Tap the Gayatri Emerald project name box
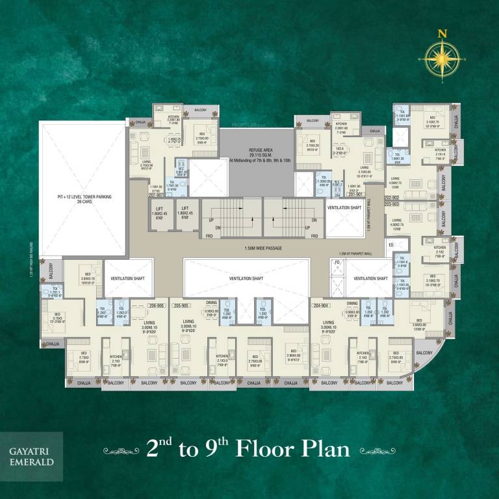click(x=31, y=455)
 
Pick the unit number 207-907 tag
click(x=157, y=195)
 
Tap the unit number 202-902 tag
click(x=391, y=198)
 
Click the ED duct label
click(x=390, y=245)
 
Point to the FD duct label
click(x=337, y=262)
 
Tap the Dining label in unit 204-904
click(x=352, y=303)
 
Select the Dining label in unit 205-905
click(x=212, y=303)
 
